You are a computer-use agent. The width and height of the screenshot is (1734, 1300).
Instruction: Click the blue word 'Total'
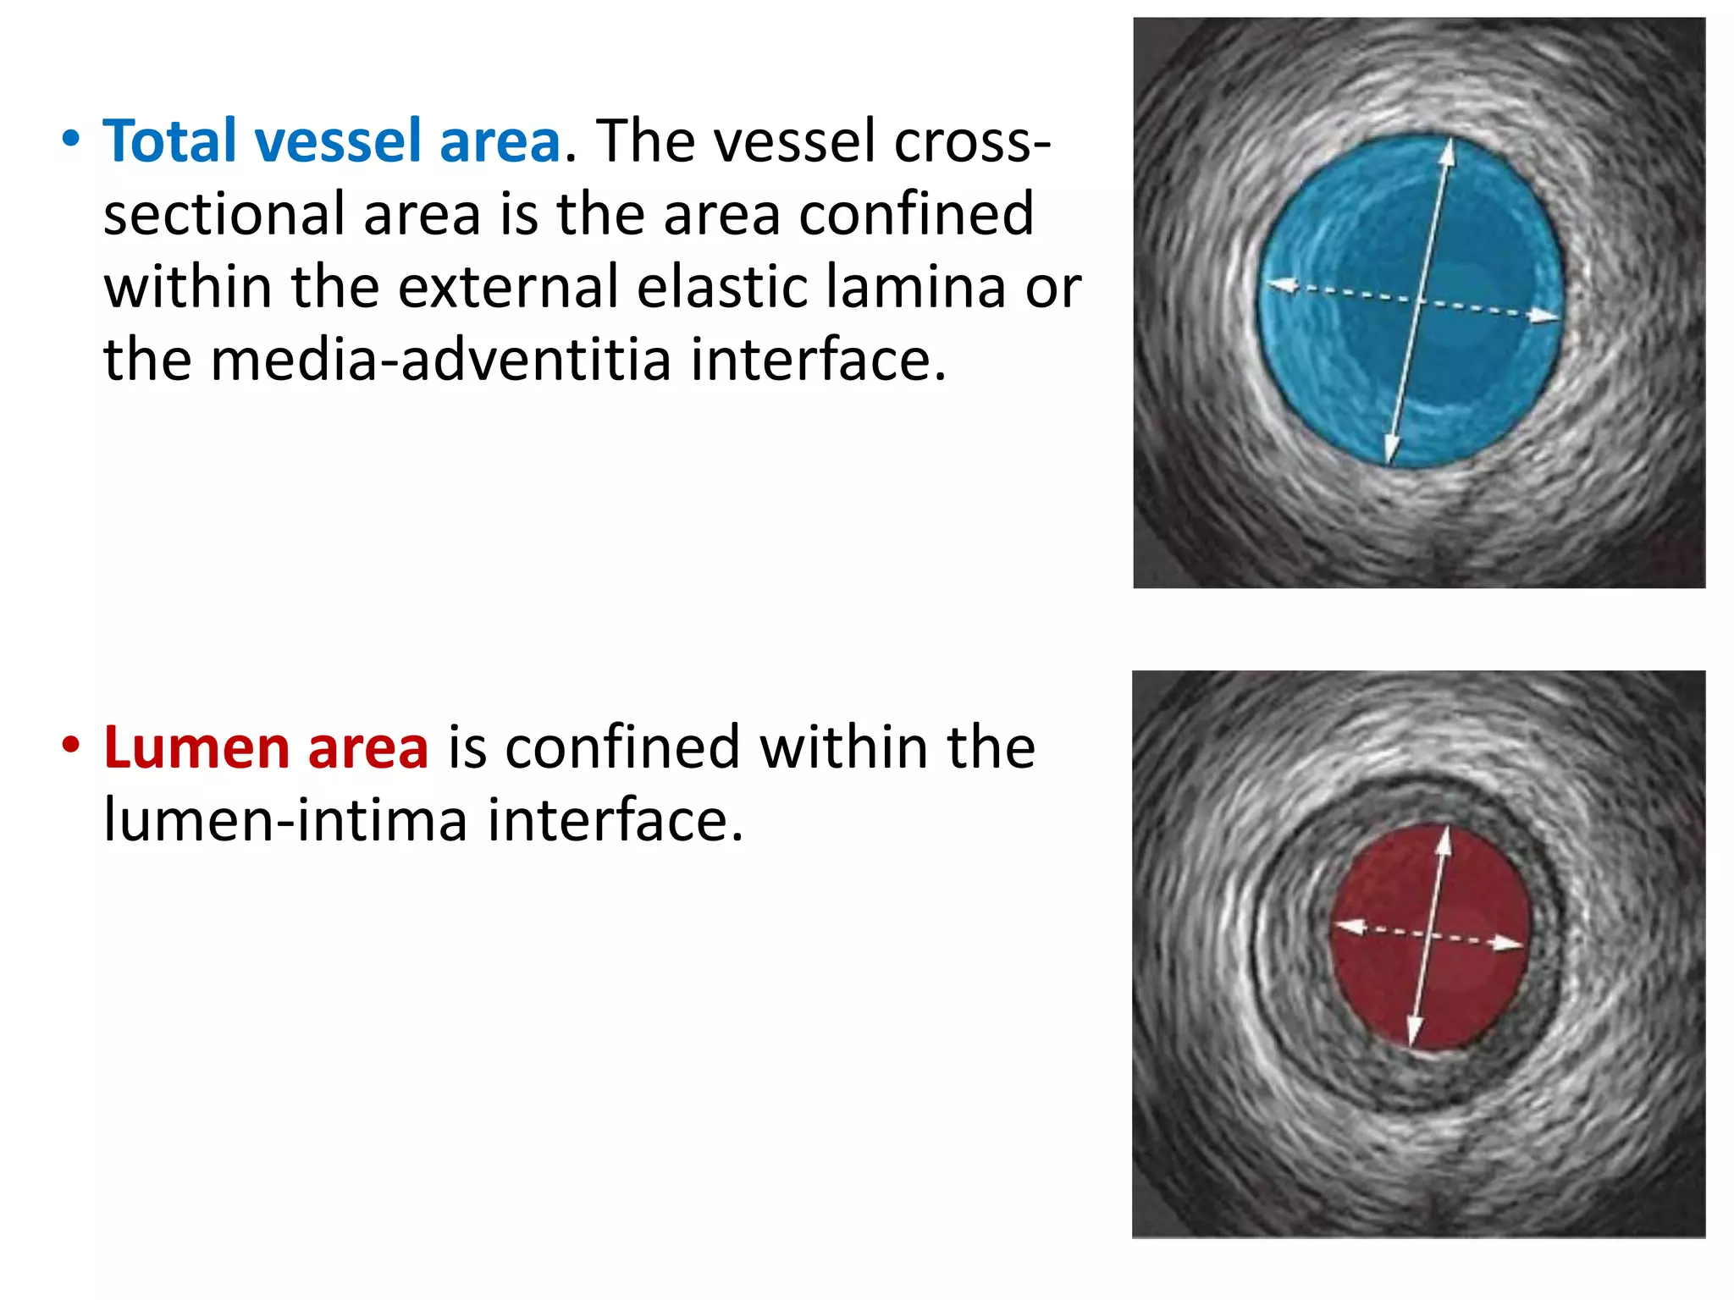pos(168,141)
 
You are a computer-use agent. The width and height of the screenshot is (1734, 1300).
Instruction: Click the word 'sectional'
pos(224,214)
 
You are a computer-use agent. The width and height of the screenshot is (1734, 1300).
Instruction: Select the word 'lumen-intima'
pos(284,821)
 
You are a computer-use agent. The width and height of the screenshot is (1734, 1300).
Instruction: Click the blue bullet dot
pos(71,139)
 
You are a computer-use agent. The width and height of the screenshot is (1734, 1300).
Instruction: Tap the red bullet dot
pos(71,746)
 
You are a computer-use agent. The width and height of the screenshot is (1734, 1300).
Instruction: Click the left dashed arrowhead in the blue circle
pos(1281,285)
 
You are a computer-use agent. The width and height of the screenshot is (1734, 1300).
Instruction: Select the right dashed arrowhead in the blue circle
pos(1545,317)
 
